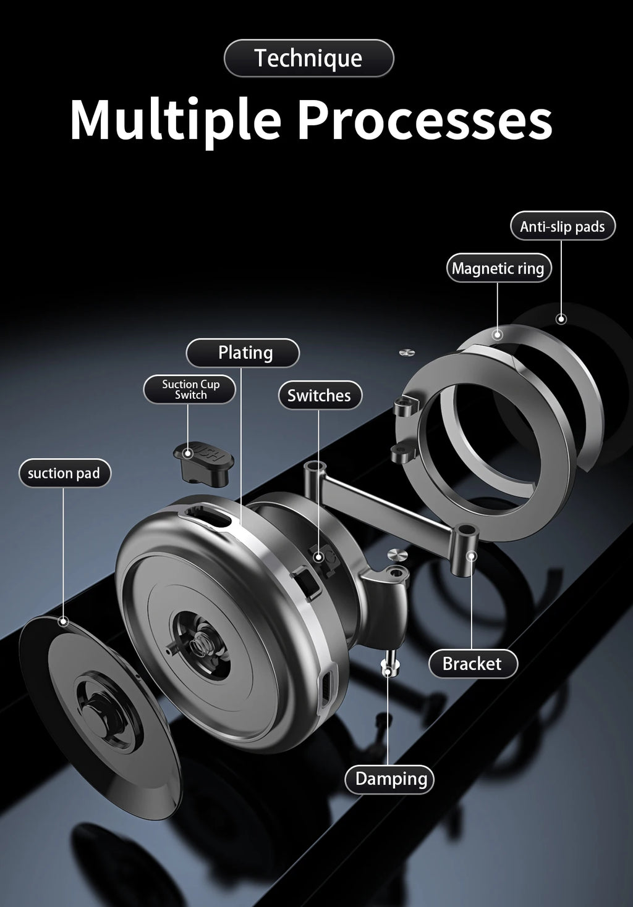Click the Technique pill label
[308, 58]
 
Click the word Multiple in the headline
[176, 120]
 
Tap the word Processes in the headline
[425, 120]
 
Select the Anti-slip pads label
[563, 226]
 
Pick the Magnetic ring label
[498, 268]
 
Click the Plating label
[242, 353]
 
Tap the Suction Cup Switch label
[189, 389]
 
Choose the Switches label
[320, 395]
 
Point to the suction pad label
[65, 473]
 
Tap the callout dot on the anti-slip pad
[561, 319]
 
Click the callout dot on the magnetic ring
[498, 335]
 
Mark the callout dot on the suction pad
[63, 622]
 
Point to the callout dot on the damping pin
[388, 672]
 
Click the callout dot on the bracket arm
[472, 556]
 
